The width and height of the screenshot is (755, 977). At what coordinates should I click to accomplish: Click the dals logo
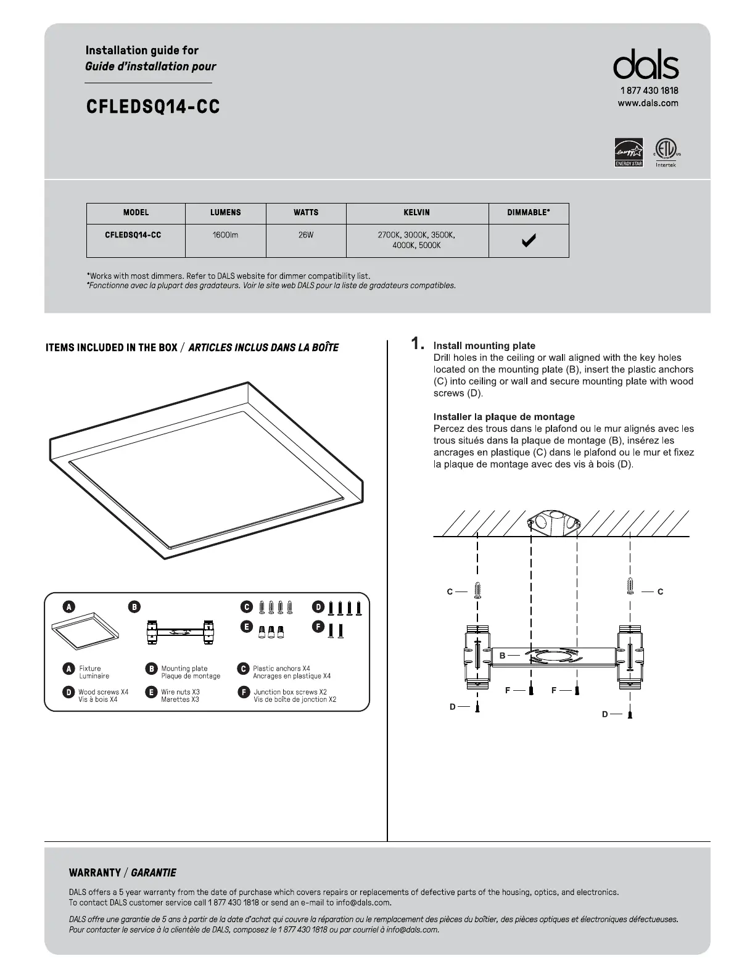click(x=646, y=65)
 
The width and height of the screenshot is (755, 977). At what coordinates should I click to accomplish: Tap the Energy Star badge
click(x=629, y=152)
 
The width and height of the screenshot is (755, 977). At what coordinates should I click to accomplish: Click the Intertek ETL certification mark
click(x=666, y=152)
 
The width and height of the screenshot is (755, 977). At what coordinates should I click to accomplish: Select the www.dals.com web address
click(x=648, y=103)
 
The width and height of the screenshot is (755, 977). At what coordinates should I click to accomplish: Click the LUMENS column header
click(x=225, y=212)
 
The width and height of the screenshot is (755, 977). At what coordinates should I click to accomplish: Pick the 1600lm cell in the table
click(x=225, y=235)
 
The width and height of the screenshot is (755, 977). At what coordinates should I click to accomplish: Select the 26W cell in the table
click(x=306, y=235)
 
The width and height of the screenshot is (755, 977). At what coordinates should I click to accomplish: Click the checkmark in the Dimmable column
click(x=529, y=241)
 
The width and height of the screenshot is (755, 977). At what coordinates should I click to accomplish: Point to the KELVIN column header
click(x=417, y=212)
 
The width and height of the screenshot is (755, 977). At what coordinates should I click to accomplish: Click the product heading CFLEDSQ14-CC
click(x=153, y=107)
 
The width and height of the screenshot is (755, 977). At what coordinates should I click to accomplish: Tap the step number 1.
click(x=418, y=344)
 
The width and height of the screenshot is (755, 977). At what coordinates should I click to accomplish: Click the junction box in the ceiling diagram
click(x=555, y=522)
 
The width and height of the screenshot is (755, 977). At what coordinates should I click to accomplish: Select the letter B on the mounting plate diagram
click(x=502, y=656)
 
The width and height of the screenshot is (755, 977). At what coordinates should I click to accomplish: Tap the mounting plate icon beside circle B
click(x=179, y=632)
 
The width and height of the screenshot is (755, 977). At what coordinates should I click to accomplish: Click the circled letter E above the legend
click(x=246, y=627)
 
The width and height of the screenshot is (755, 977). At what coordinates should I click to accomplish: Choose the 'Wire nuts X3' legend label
click(x=180, y=692)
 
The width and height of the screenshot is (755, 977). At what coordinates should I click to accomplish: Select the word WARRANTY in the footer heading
click(x=95, y=873)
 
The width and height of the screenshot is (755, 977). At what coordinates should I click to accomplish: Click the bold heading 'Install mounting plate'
click(x=484, y=346)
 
